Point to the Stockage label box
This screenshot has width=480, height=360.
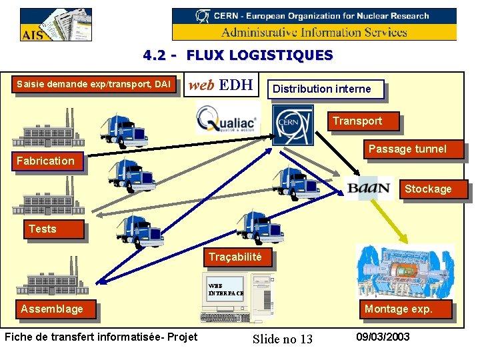click(428, 189)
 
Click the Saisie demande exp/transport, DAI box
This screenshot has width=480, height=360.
click(93, 84)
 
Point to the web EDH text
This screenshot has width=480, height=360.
click(220, 85)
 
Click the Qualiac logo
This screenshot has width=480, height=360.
click(227, 121)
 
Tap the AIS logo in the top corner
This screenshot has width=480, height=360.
click(55, 25)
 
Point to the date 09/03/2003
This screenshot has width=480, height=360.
click(383, 337)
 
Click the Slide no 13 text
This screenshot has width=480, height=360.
click(283, 339)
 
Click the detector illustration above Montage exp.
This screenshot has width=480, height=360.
click(404, 271)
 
